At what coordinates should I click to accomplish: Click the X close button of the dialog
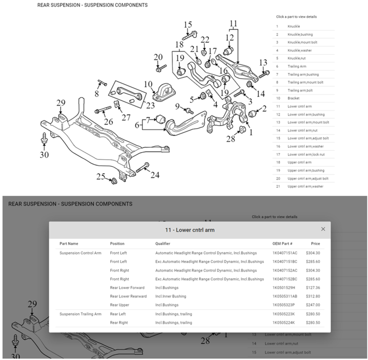coord(323,229)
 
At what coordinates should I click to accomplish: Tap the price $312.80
coord(312,296)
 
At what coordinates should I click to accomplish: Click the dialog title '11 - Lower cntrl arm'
coord(189,230)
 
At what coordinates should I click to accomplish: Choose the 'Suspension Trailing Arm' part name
coord(80,314)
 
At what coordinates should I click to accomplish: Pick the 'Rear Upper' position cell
coord(119,305)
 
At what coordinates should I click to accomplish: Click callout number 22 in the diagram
coord(205,40)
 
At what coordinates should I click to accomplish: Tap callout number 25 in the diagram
coord(101,176)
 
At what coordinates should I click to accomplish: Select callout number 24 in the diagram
coord(155,175)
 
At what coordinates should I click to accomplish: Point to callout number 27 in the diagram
coord(125,117)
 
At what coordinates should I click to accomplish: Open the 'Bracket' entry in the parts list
coord(293,98)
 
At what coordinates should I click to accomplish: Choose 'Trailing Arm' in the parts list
coord(296,66)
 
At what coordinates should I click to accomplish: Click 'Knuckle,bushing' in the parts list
coord(300,34)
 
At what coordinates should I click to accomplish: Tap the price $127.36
coord(312,288)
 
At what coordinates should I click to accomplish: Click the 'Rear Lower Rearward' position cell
coord(128,296)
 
